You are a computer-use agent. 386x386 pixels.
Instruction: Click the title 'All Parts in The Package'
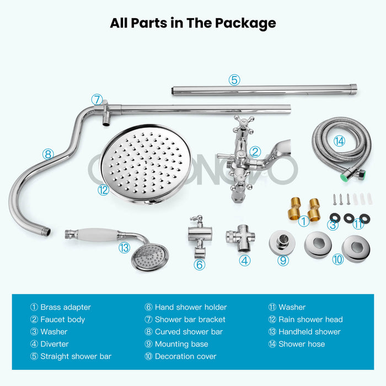tap(192, 23)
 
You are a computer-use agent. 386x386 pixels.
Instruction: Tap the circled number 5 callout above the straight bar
tap(234, 80)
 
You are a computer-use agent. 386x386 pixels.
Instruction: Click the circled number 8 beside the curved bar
tap(48, 154)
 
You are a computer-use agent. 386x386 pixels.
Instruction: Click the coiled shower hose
tap(340, 146)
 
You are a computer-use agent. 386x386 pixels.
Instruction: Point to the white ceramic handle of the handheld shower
tap(102, 234)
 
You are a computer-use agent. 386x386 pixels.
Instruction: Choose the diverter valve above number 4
tap(240, 239)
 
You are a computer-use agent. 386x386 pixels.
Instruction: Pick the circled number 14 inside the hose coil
tap(339, 141)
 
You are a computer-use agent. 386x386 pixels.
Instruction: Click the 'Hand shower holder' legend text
tap(186, 307)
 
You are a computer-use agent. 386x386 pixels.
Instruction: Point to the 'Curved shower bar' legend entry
tap(184, 332)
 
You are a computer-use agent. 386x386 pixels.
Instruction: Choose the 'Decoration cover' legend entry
tap(180, 356)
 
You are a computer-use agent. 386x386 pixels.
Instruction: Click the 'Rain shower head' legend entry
tap(305, 319)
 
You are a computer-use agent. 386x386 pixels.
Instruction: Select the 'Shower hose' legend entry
tap(297, 344)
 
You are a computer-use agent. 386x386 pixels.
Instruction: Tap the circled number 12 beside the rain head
tap(103, 190)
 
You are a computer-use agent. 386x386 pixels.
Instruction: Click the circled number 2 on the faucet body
tap(254, 151)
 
